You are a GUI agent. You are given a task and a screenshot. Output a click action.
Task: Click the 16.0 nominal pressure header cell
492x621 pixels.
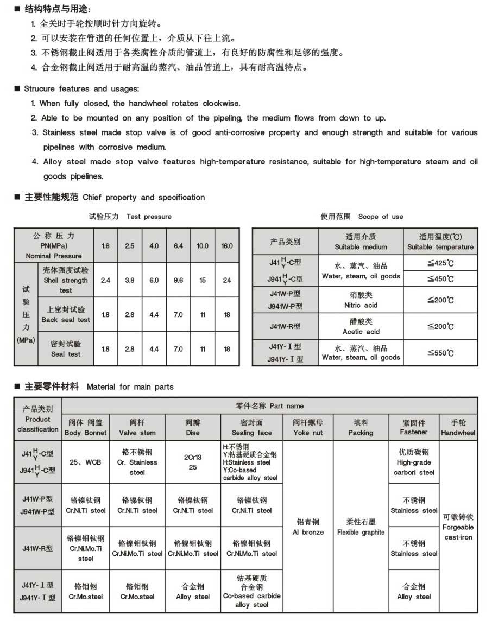tap(227, 245)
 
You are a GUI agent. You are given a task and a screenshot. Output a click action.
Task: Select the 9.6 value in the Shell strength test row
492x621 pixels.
tap(178, 280)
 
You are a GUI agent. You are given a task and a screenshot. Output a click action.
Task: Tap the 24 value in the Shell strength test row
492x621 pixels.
tap(227, 280)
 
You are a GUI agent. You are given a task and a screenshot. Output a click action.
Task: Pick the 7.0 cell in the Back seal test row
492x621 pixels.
tap(178, 315)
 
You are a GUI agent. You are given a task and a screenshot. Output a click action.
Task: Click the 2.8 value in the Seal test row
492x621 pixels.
tap(130, 349)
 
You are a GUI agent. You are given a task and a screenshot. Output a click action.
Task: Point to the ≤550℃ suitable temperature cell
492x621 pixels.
tap(440, 353)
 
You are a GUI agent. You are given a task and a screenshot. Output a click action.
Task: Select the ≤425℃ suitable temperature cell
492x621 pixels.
tap(440, 263)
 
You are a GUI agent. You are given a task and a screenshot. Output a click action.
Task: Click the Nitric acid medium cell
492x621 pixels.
tap(361, 300)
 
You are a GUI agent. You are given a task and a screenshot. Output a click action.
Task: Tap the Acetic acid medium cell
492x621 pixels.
tap(361, 326)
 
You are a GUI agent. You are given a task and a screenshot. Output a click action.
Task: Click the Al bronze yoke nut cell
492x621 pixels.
tap(308, 527)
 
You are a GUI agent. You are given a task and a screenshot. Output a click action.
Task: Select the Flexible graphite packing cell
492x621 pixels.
tap(361, 527)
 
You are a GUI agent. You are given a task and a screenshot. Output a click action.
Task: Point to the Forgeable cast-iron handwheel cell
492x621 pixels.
tap(458, 527)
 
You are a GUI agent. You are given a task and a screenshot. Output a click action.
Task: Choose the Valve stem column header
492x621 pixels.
tap(137, 427)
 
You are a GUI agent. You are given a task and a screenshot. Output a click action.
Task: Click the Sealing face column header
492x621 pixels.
tap(251, 427)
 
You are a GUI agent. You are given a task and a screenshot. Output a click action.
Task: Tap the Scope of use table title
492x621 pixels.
tap(362, 217)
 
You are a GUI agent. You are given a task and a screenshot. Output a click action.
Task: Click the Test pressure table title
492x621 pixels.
tap(130, 217)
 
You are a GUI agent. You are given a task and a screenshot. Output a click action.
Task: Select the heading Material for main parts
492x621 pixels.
tap(130, 387)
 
